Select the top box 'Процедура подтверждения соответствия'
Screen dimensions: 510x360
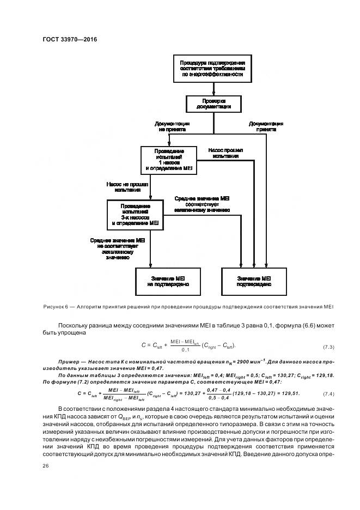click(213, 69)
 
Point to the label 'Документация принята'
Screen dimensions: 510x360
click(266, 127)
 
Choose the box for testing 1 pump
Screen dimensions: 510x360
click(167, 161)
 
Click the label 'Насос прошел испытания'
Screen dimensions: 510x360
click(225, 153)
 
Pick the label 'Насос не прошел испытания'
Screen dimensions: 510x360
click(127, 187)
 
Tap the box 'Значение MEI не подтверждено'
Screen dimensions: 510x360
click(167, 281)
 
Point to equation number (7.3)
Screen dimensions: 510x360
click(328, 347)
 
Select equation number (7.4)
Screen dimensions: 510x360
click(328, 393)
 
